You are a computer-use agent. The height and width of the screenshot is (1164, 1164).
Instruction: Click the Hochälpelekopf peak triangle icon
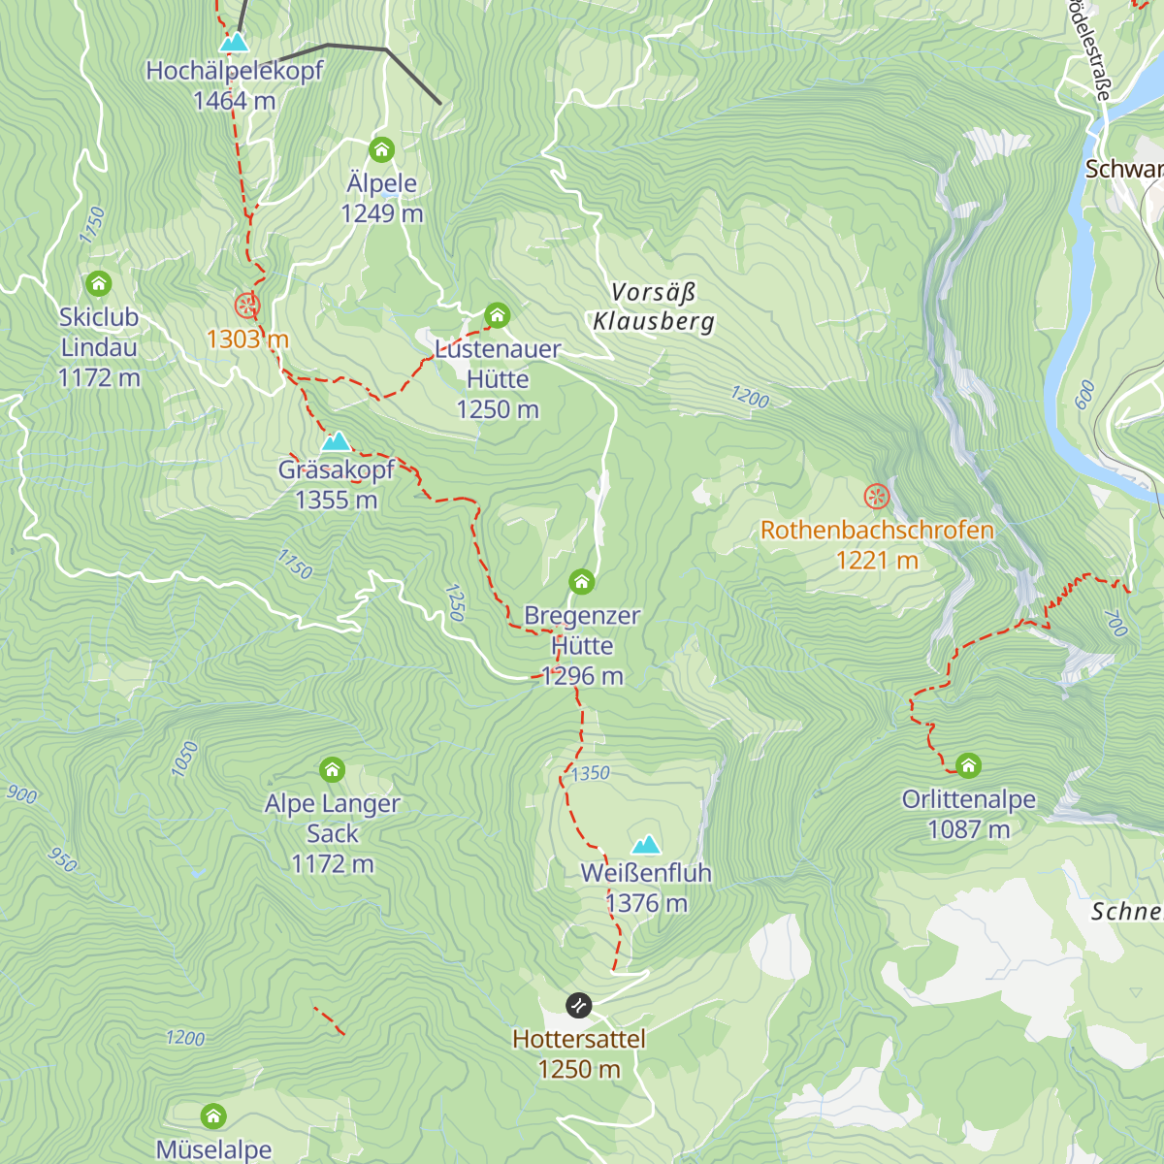point(234,43)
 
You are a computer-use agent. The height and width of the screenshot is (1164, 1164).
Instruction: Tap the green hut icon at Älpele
point(381,149)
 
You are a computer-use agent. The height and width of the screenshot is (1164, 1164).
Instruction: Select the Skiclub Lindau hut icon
point(98,283)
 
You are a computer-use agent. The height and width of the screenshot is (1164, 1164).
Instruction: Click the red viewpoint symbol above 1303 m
point(247,306)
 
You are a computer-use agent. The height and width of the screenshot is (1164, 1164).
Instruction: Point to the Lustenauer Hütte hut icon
point(497,315)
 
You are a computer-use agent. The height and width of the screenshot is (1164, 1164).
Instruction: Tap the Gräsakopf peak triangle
point(336,442)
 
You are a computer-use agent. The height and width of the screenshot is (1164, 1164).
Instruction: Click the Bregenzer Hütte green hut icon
point(581,582)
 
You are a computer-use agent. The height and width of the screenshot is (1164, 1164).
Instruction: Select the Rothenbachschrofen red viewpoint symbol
point(877,497)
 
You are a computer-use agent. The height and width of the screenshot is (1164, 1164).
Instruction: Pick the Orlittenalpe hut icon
point(968,765)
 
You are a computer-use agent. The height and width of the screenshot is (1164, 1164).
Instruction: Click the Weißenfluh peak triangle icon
point(646,844)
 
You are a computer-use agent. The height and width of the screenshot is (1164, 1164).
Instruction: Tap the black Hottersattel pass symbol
point(578,1005)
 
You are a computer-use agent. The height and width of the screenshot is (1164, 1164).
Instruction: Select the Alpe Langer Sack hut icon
point(332,770)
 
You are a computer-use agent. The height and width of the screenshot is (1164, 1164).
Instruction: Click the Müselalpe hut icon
point(213,1115)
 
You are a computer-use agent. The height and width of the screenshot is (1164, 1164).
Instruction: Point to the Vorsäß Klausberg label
point(654,307)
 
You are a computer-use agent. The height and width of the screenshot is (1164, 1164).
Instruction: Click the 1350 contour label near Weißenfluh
point(590,773)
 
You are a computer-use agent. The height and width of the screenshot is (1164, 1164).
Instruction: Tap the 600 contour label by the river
point(1084,394)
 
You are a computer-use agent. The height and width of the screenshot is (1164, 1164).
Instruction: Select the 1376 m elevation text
point(646,903)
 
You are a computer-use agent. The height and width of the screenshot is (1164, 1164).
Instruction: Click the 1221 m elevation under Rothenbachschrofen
point(877,560)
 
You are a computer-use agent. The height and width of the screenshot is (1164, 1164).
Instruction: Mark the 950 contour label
point(62,859)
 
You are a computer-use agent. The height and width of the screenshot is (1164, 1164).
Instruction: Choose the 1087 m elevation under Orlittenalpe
point(968,829)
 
